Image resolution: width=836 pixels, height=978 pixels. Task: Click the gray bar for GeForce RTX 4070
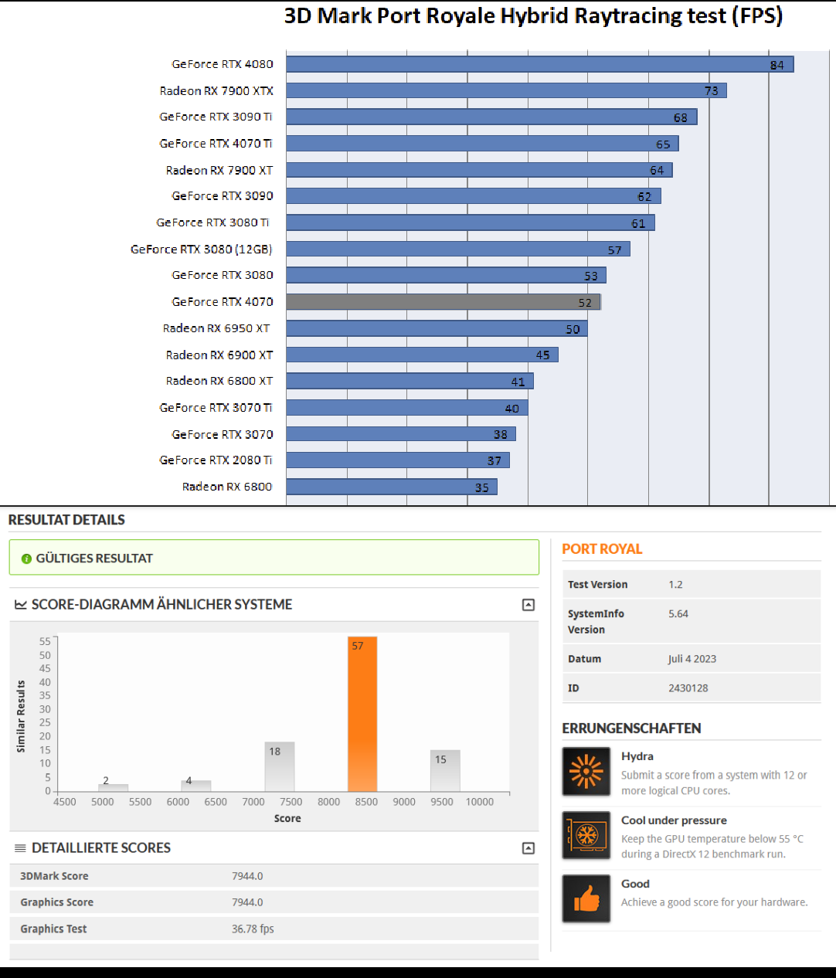point(443,302)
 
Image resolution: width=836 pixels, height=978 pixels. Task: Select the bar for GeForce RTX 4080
point(539,64)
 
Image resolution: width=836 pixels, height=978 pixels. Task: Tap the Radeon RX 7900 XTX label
point(216,91)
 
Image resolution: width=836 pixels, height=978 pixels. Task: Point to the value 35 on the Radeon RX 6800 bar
point(482,487)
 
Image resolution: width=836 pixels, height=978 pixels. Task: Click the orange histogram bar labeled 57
point(362,715)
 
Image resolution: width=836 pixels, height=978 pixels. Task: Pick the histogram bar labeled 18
point(280,766)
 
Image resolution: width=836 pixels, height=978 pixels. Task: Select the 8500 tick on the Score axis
point(366,802)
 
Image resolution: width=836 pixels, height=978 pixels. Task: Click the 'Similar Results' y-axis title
point(21,716)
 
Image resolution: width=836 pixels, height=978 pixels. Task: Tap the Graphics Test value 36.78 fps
point(253,929)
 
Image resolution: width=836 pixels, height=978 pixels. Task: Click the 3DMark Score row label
point(54,876)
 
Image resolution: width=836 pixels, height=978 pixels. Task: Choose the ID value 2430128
point(688,688)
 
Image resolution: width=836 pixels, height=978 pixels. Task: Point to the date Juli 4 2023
point(692,659)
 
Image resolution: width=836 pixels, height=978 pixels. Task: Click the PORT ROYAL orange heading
point(602,549)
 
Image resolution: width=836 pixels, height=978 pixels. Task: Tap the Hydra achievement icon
point(586,772)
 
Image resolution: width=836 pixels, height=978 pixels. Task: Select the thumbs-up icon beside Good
point(586,898)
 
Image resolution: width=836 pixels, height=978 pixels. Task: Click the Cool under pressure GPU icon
point(586,835)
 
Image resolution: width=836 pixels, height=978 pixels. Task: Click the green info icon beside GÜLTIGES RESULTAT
point(26,559)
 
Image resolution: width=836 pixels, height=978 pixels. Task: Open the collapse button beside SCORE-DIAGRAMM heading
point(528,605)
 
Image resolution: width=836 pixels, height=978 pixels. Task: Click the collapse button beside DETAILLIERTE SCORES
point(528,848)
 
